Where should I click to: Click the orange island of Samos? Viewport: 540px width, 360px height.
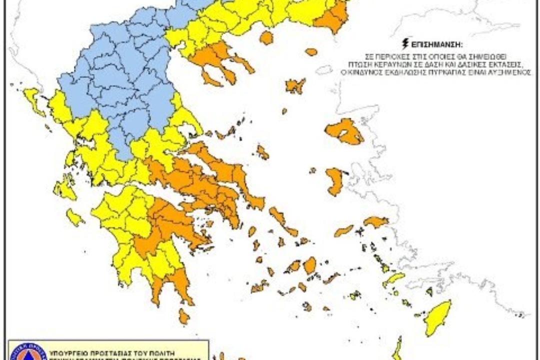pos(375,221)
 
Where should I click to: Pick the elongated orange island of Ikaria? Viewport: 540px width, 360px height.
pos(343,230)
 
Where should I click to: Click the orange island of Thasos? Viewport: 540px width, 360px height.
pos(266,37)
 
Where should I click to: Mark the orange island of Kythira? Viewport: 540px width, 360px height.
pos(184,316)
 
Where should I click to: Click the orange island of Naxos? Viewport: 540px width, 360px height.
pos(310,265)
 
